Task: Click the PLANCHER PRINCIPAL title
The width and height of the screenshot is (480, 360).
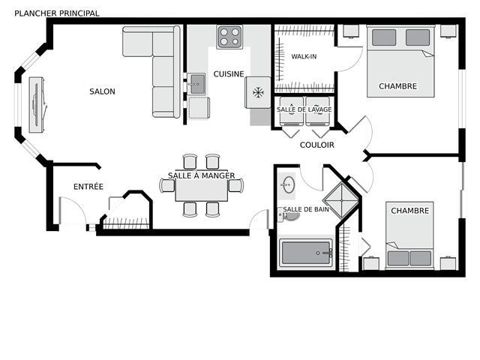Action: point(57,13)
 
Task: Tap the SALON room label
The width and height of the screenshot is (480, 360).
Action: point(102,91)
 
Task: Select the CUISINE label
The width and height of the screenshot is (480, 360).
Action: point(229,74)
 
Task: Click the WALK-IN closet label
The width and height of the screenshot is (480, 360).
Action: point(304,57)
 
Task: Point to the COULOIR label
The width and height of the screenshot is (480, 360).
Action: point(316,145)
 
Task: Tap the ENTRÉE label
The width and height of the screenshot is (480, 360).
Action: point(88,187)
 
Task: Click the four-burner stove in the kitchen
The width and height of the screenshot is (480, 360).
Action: point(229,37)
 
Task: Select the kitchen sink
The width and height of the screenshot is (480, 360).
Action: point(196,84)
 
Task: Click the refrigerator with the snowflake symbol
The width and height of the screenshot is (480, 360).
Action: point(258,92)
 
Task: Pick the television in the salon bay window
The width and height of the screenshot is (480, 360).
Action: point(37,105)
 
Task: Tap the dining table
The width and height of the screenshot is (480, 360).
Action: point(202,186)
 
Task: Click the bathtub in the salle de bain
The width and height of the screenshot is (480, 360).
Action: point(306,253)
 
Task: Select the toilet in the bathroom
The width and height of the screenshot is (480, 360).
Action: point(288,214)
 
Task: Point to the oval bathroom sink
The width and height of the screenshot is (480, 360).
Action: point(288,185)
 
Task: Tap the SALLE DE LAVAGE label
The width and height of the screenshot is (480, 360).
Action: point(304,109)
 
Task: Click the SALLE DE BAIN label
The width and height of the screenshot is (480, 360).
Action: point(306,209)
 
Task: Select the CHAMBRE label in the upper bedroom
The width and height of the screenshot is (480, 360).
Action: point(398,86)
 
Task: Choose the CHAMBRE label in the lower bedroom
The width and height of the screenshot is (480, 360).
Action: point(410,211)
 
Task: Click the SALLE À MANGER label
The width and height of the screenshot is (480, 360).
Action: point(202,175)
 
